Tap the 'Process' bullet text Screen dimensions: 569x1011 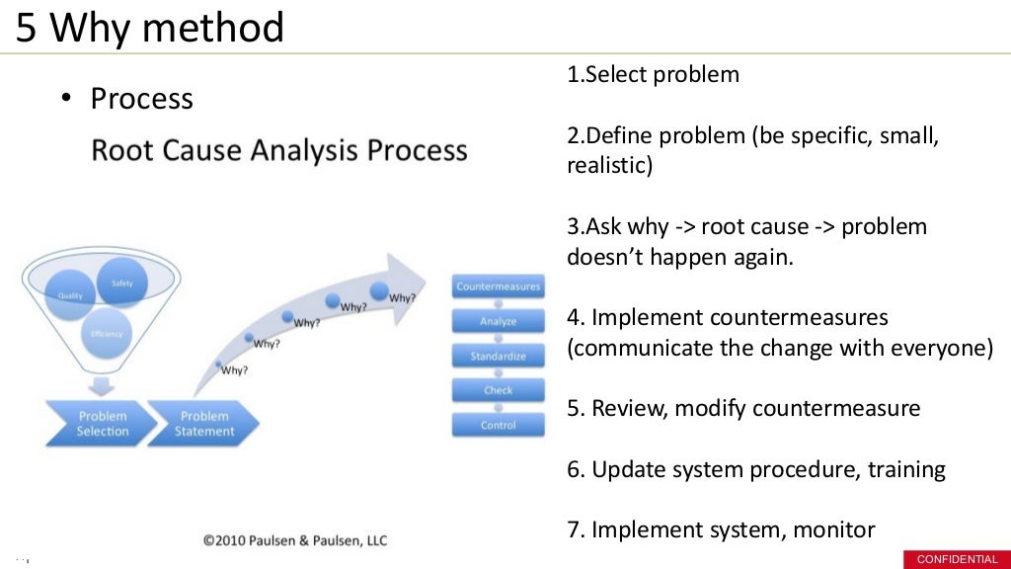point(141,99)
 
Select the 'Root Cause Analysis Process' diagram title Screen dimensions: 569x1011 point(279,150)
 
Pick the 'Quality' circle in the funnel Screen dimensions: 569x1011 point(71,294)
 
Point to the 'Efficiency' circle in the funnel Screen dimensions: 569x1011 point(106,334)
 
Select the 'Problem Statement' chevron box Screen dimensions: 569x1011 point(202,424)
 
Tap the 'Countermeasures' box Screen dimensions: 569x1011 point(498,286)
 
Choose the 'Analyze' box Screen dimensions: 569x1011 point(498,321)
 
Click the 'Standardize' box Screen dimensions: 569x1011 point(498,356)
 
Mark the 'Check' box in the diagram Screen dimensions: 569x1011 point(498,390)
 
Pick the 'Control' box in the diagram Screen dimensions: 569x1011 point(498,425)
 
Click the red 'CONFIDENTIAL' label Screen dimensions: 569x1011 point(957,559)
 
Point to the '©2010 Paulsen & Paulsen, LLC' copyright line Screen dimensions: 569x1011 point(295,539)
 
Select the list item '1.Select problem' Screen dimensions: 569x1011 point(653,75)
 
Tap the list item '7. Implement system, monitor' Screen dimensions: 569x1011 point(721,529)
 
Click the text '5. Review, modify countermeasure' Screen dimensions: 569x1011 point(743,408)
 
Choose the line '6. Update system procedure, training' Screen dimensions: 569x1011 point(756,469)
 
